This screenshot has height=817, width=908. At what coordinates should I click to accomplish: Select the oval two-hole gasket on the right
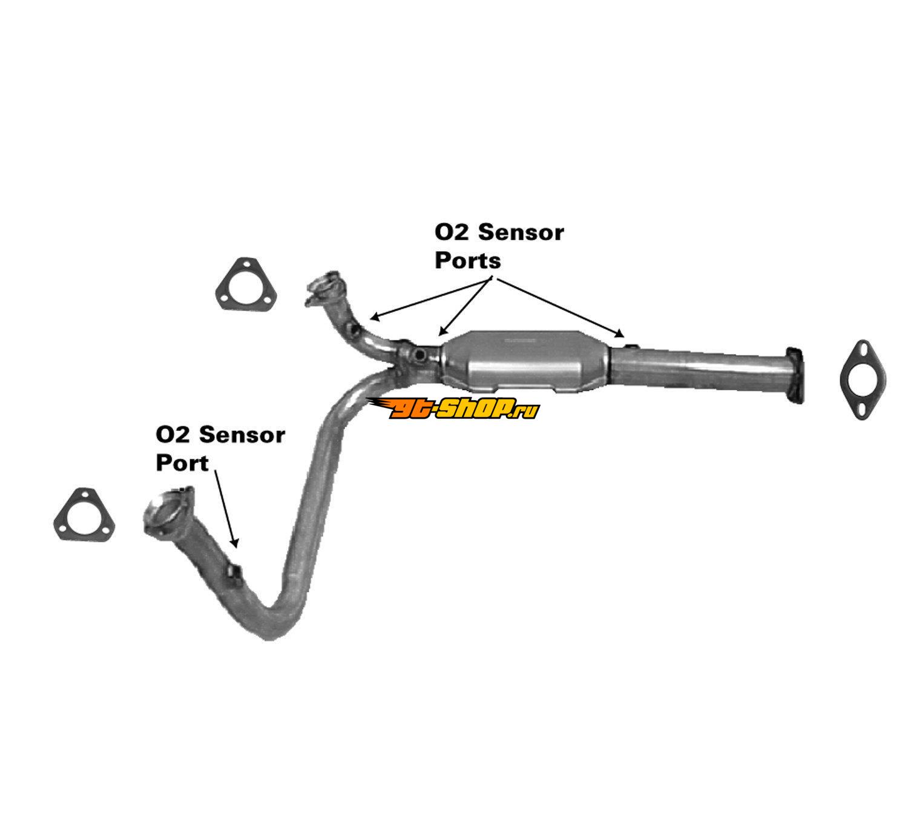[x=863, y=380]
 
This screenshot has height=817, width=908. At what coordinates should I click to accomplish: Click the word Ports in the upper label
[x=468, y=261]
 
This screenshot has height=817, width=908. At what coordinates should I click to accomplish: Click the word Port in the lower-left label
[x=182, y=463]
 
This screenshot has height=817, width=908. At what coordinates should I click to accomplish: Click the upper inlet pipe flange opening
[x=323, y=284]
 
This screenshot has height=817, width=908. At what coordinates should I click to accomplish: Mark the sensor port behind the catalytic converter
[x=630, y=346]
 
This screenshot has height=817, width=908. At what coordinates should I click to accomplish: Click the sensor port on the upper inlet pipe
[x=354, y=330]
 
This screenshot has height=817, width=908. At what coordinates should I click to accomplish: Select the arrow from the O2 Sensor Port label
[x=225, y=508]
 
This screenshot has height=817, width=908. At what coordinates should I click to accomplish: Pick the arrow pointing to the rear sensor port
[x=560, y=306]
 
